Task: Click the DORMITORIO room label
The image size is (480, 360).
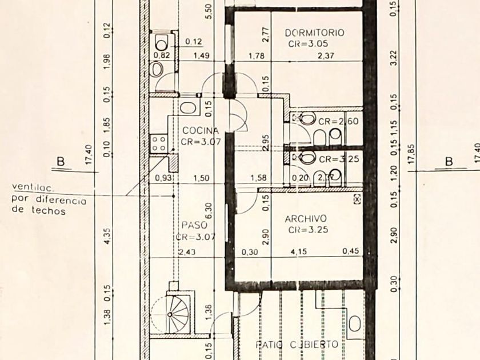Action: coord(315,33)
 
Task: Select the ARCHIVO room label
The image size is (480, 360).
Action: coord(306,218)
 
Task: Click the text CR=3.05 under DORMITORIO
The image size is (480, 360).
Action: coord(308,43)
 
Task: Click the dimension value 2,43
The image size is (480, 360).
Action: coord(186,252)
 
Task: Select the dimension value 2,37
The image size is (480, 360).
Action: coord(326,55)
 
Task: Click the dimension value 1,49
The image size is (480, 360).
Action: coord(201,55)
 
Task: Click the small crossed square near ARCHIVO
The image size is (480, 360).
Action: coord(357,199)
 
